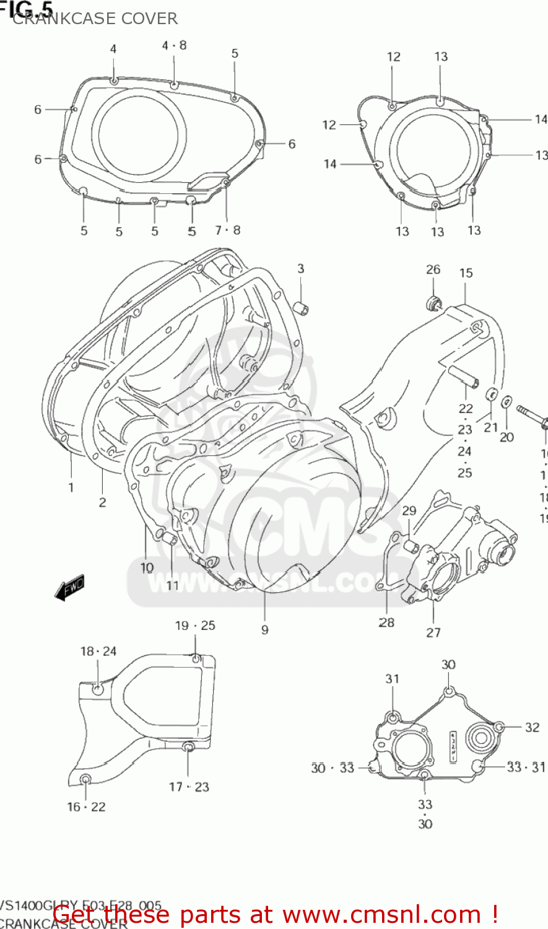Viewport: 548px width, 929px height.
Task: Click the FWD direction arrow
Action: (69, 588)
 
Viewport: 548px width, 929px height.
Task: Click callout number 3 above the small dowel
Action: (300, 268)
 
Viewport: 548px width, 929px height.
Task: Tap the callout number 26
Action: (433, 269)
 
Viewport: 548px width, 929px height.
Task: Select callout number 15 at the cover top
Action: (466, 273)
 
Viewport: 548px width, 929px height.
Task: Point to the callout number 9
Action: (264, 629)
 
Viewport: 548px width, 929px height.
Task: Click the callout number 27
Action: (433, 632)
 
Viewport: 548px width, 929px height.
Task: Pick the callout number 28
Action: (386, 622)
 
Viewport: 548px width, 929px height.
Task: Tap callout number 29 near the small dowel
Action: (409, 510)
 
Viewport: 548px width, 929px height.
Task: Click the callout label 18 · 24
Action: (98, 651)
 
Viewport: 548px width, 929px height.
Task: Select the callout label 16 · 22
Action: (86, 806)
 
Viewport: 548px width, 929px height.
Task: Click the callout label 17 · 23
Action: (189, 787)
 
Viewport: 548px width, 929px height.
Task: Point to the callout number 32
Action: (532, 727)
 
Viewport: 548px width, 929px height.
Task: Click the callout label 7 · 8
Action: (227, 230)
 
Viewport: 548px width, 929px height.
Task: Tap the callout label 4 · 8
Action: (174, 45)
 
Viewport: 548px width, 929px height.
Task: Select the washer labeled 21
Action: (491, 395)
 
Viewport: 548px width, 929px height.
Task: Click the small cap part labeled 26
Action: (433, 302)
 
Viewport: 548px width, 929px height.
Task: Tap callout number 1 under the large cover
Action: (71, 487)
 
